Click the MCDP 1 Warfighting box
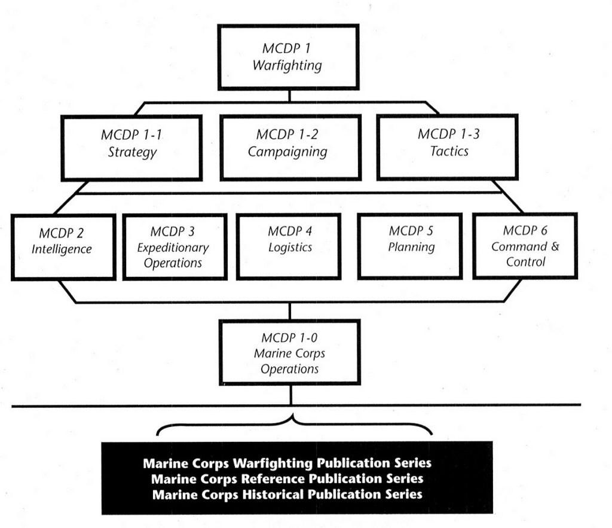[x=288, y=57]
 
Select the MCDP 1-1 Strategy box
[x=131, y=147]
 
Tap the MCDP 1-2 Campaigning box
[x=290, y=147]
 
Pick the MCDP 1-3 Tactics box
[x=447, y=147]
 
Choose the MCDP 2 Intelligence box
[x=63, y=246]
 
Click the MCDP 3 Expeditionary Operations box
[x=175, y=246]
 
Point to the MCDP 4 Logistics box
[x=289, y=246]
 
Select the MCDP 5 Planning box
[x=410, y=246]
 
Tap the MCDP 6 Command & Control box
[x=525, y=246]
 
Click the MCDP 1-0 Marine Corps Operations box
[x=289, y=352]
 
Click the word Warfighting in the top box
[x=287, y=65]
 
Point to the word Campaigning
[x=287, y=152]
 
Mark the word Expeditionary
[x=173, y=248]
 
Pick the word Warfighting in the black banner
[x=274, y=463]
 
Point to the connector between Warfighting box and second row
[x=289, y=96]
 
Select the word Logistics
[x=290, y=248]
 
